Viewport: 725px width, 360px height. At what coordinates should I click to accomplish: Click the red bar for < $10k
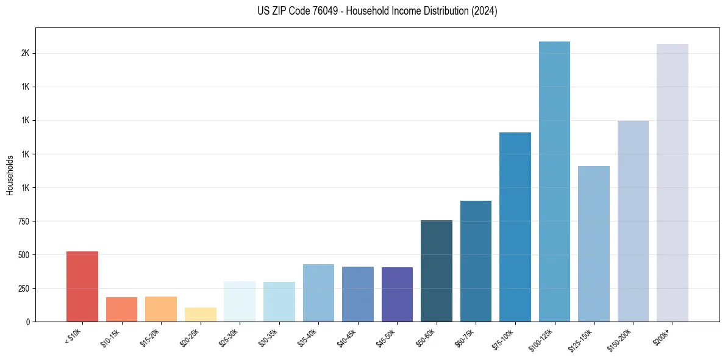pos(82,286)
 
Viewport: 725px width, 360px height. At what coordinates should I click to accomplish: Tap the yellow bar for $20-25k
pos(200,314)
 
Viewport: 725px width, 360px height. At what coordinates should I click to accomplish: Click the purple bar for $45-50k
pos(397,294)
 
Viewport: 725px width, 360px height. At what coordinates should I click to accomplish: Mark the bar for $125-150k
pos(594,243)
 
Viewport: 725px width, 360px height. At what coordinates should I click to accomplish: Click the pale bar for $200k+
pos(673,182)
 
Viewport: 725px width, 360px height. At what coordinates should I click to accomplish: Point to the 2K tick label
pos(25,53)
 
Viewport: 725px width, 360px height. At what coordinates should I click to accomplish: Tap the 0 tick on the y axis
pos(27,322)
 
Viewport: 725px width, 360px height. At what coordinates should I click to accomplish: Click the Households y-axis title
pos(10,175)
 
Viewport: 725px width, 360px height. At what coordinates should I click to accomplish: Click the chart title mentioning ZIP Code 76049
pos(377,11)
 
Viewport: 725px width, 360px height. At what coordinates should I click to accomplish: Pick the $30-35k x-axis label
pos(268,337)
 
